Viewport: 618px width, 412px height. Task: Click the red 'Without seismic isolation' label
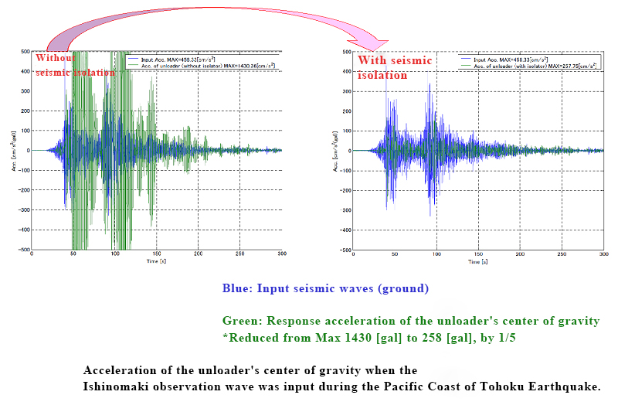[75, 65]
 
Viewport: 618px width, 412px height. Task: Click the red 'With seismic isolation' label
[394, 68]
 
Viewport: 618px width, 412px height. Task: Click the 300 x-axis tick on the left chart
[282, 255]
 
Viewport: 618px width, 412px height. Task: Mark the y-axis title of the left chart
[14, 150]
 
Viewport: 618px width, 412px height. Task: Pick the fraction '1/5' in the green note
[511, 338]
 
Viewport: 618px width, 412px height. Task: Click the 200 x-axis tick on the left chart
[199, 255]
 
